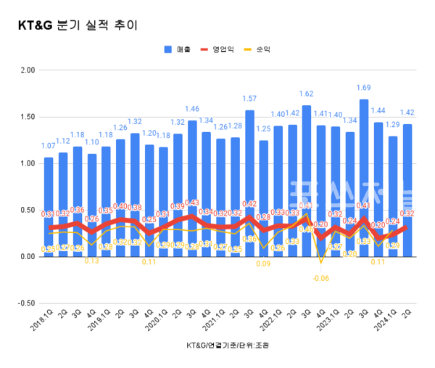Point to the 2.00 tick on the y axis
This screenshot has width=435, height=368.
[x=28, y=70]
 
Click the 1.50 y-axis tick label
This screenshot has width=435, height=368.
[x=28, y=117]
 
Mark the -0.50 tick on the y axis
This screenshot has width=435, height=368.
[x=26, y=303]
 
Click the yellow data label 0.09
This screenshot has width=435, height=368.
[x=264, y=263]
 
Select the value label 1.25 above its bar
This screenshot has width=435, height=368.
[x=264, y=128]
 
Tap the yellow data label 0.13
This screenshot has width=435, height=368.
[x=92, y=261]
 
